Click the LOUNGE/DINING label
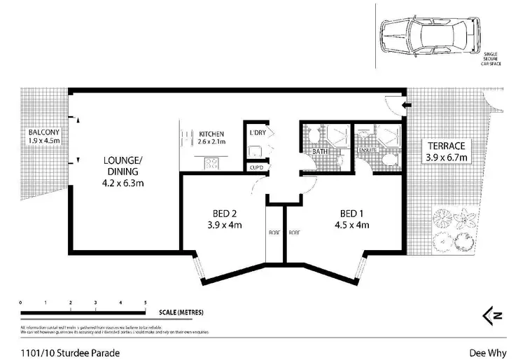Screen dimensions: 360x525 [122, 165]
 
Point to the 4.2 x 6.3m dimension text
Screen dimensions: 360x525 [122, 185]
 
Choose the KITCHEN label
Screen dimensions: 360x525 [211, 133]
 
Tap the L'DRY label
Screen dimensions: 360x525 [257, 132]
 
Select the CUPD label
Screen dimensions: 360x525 [255, 167]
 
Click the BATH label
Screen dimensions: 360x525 [320, 151]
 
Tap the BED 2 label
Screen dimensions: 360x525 [225, 213]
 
